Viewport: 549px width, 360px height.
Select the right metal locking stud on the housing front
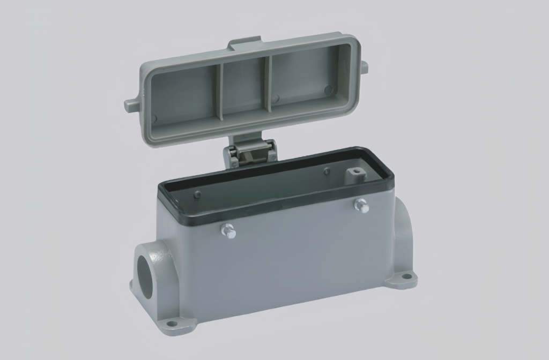pyautogui.click(x=362, y=204)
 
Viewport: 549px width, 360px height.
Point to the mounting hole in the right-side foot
pyautogui.click(x=406, y=277)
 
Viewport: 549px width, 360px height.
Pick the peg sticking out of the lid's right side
pyautogui.click(x=364, y=66)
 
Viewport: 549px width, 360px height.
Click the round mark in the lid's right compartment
pyautogui.click(x=328, y=89)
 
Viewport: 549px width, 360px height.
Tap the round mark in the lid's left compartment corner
pyautogui.click(x=154, y=119)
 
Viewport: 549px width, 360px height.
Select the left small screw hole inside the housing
pyautogui.click(x=197, y=194)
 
